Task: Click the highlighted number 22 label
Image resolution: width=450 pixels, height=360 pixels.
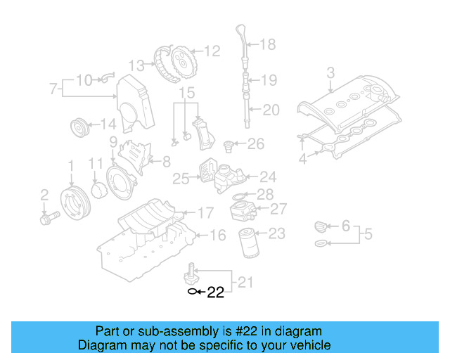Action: click(x=215, y=292)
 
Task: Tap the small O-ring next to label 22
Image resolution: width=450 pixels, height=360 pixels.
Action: click(x=191, y=290)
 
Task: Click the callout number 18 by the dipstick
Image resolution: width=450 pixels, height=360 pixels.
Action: click(x=268, y=45)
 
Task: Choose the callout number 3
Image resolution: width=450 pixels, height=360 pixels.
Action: click(x=330, y=72)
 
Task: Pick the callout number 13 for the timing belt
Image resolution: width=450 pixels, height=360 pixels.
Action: click(x=136, y=65)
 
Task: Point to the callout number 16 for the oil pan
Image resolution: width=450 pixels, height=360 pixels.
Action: click(x=218, y=235)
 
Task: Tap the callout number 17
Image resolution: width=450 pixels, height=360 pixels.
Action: click(x=205, y=212)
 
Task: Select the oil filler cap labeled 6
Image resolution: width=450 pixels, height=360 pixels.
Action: click(x=320, y=227)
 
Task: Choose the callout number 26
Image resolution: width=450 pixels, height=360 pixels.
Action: click(x=255, y=144)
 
